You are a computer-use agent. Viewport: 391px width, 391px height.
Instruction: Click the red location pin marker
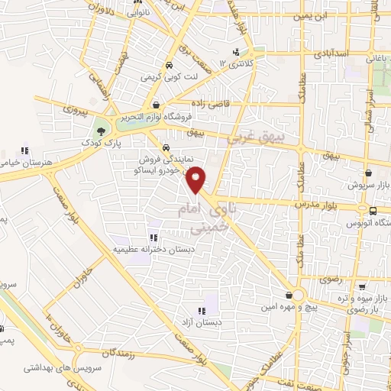click(x=197, y=179)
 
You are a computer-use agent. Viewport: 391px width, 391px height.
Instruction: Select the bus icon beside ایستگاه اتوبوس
click(x=372, y=211)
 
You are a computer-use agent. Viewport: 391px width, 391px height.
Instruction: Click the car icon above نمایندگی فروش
click(x=166, y=148)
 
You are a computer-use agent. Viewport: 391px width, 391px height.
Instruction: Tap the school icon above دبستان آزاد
click(x=202, y=312)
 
